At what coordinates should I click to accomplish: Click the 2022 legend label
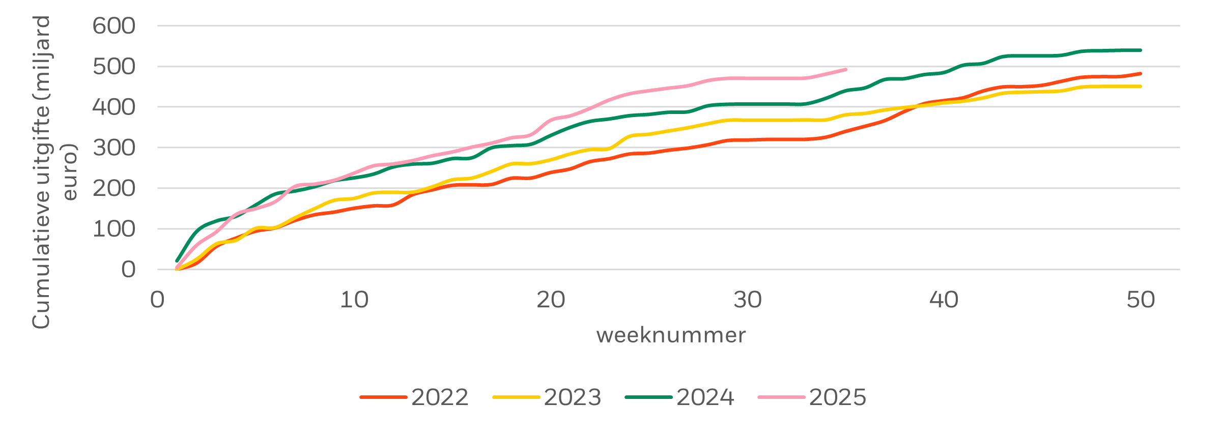point(440,397)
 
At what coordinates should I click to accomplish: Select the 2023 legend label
point(573,397)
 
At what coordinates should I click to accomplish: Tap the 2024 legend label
point(705,397)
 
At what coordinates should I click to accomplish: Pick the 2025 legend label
point(837,397)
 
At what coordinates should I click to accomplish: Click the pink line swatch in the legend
point(781,397)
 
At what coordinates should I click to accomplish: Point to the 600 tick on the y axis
point(114,26)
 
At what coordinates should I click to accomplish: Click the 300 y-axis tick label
point(114,148)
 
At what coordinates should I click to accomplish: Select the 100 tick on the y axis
point(114,229)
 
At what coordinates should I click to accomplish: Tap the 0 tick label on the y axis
point(128,270)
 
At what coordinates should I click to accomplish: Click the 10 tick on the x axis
point(354,300)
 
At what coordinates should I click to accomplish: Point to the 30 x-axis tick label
point(747,300)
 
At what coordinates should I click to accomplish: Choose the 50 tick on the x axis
point(1141,300)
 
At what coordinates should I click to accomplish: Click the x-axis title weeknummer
point(671,335)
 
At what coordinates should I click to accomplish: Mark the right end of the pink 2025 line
point(846,70)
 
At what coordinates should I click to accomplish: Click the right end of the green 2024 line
point(1141,50)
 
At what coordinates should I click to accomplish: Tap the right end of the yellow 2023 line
point(1141,87)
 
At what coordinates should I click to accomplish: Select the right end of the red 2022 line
point(1141,74)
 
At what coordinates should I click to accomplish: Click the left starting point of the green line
point(177,261)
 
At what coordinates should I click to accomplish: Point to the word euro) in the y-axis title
point(69,173)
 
